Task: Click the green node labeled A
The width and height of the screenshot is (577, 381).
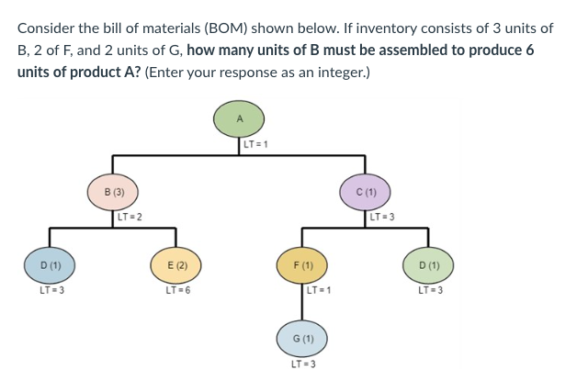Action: (239, 119)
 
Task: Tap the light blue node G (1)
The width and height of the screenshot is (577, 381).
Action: (303, 339)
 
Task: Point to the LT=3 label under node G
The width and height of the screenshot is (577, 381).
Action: (303, 364)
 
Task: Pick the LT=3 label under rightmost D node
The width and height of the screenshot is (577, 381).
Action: (429, 291)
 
